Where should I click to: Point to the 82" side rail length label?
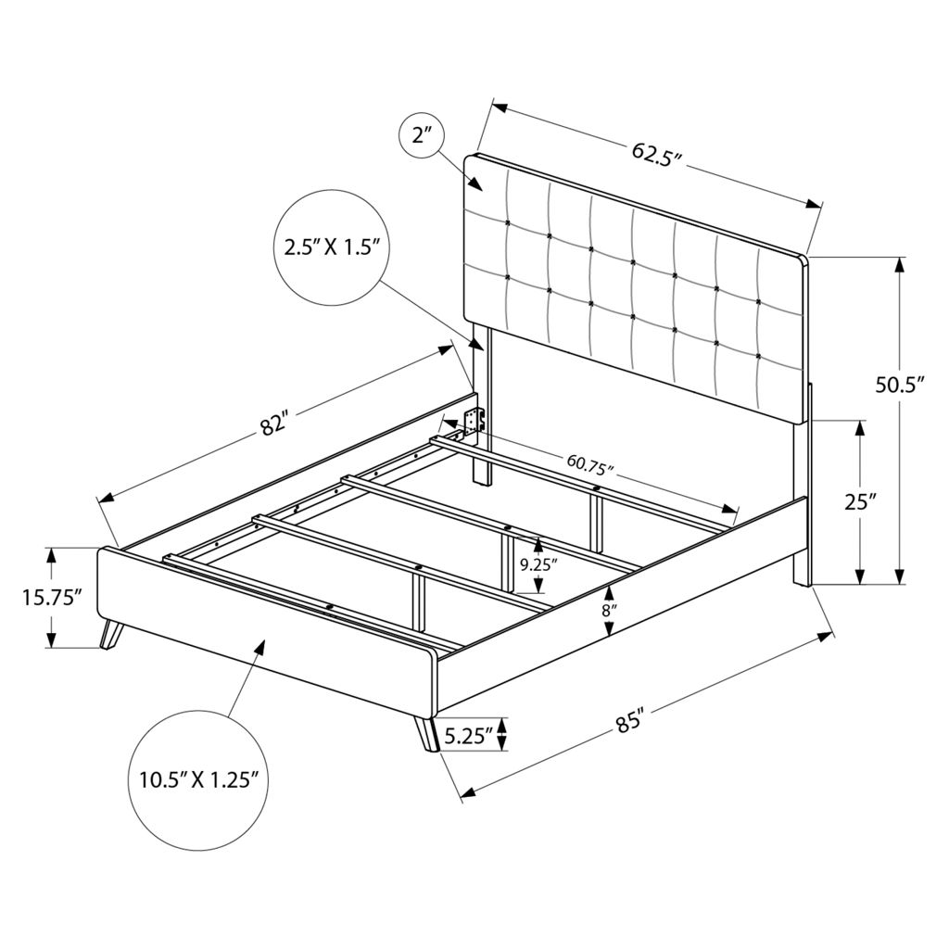point(272,424)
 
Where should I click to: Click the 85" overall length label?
point(629,722)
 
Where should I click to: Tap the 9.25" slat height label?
point(538,564)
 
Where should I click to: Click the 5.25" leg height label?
point(468,735)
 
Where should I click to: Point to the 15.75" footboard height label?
point(52,598)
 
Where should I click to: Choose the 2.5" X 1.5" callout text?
point(331,247)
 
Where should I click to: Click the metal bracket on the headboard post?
point(474,419)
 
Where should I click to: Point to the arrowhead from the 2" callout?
point(475,183)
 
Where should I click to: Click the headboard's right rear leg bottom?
point(802,582)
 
